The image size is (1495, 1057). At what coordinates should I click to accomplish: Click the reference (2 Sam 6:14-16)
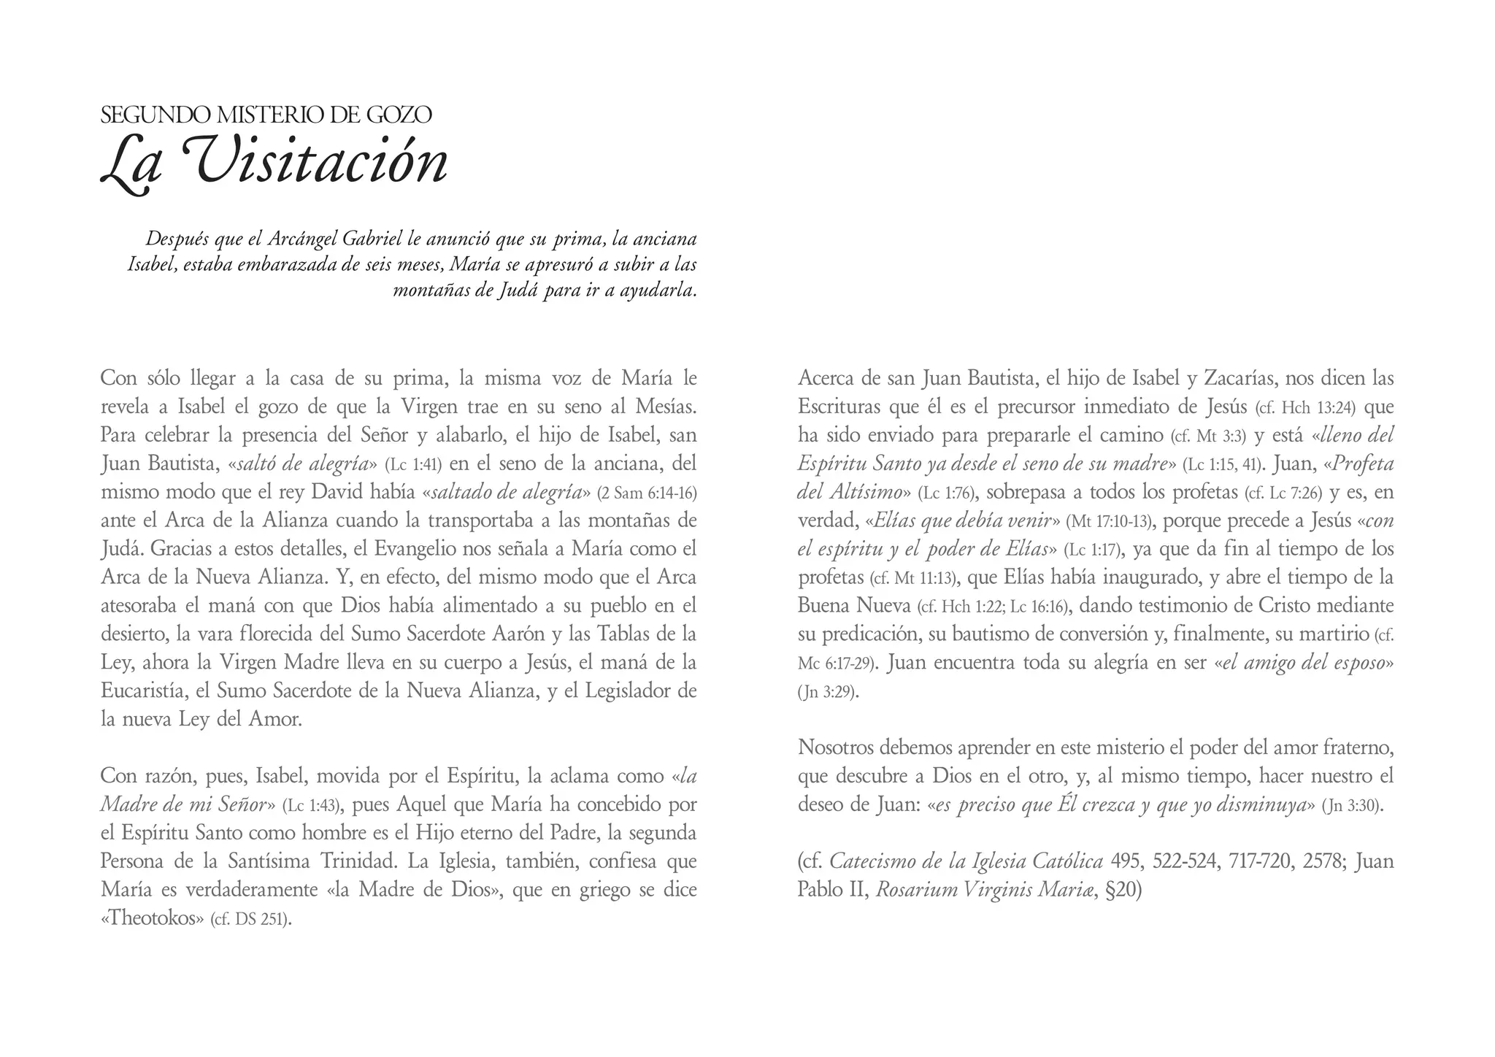[x=647, y=493]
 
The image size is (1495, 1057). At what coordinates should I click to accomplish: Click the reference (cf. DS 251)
[x=251, y=920]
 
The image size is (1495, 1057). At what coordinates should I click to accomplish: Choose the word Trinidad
[x=359, y=862]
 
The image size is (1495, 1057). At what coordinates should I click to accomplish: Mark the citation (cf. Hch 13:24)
[x=1304, y=408]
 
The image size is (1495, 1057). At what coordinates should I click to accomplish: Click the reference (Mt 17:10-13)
[x=1109, y=522]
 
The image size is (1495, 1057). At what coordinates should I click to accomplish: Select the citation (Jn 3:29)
[x=828, y=692]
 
